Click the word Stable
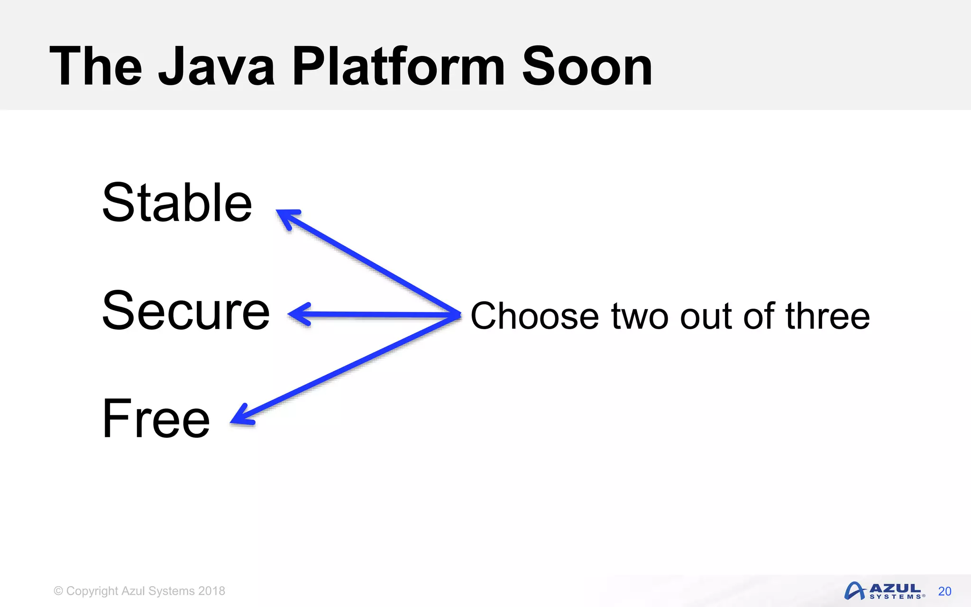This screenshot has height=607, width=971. pos(177,203)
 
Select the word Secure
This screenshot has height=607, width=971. pos(186,311)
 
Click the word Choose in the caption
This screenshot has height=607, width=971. pos(534,316)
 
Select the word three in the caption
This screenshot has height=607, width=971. pos(827,316)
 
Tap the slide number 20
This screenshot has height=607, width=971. pos(944,591)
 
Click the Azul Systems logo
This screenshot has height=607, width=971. pos(884,591)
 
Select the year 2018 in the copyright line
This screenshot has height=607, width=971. pos(211,591)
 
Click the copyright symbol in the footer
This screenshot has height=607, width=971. pos(58,591)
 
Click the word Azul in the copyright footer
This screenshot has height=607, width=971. pos(133,591)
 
